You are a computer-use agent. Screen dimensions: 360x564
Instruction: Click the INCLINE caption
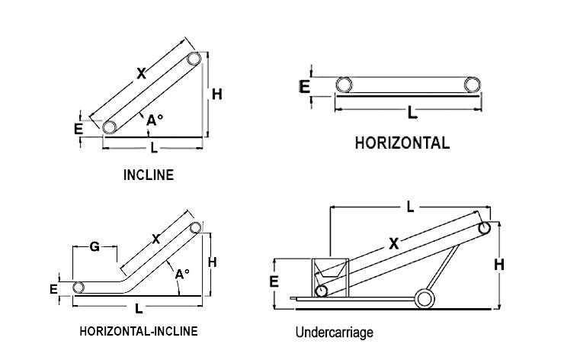click(x=149, y=175)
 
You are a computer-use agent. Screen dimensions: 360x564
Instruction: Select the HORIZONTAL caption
click(x=402, y=143)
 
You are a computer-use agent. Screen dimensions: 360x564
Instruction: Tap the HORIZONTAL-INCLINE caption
click(x=139, y=331)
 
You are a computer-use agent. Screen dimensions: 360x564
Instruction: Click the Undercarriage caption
click(x=335, y=333)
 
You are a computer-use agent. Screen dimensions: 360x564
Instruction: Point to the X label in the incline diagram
click(x=141, y=74)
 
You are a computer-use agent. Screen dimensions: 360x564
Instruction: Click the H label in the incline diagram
click(x=217, y=95)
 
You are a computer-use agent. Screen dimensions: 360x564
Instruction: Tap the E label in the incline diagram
click(x=79, y=129)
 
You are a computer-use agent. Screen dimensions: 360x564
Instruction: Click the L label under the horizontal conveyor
click(x=412, y=113)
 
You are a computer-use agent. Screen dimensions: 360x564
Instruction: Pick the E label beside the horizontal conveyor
click(x=305, y=87)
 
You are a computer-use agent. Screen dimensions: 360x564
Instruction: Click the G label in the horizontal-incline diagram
click(x=95, y=246)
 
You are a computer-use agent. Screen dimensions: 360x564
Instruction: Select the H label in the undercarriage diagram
click(x=499, y=265)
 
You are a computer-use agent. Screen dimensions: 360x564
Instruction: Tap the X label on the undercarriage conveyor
click(x=394, y=245)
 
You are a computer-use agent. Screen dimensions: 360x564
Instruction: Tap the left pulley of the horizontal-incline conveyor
click(x=79, y=288)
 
